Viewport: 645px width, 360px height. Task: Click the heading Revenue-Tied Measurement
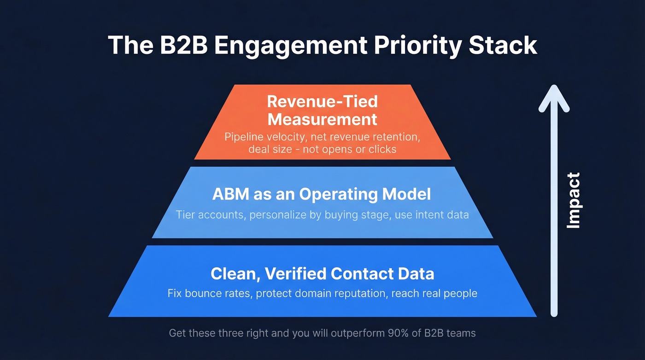[322, 110]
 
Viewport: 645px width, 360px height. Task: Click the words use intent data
[432, 215]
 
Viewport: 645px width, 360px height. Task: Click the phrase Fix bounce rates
[209, 293]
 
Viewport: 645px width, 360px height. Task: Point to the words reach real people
[434, 293]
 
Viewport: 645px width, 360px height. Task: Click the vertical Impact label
[573, 201]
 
